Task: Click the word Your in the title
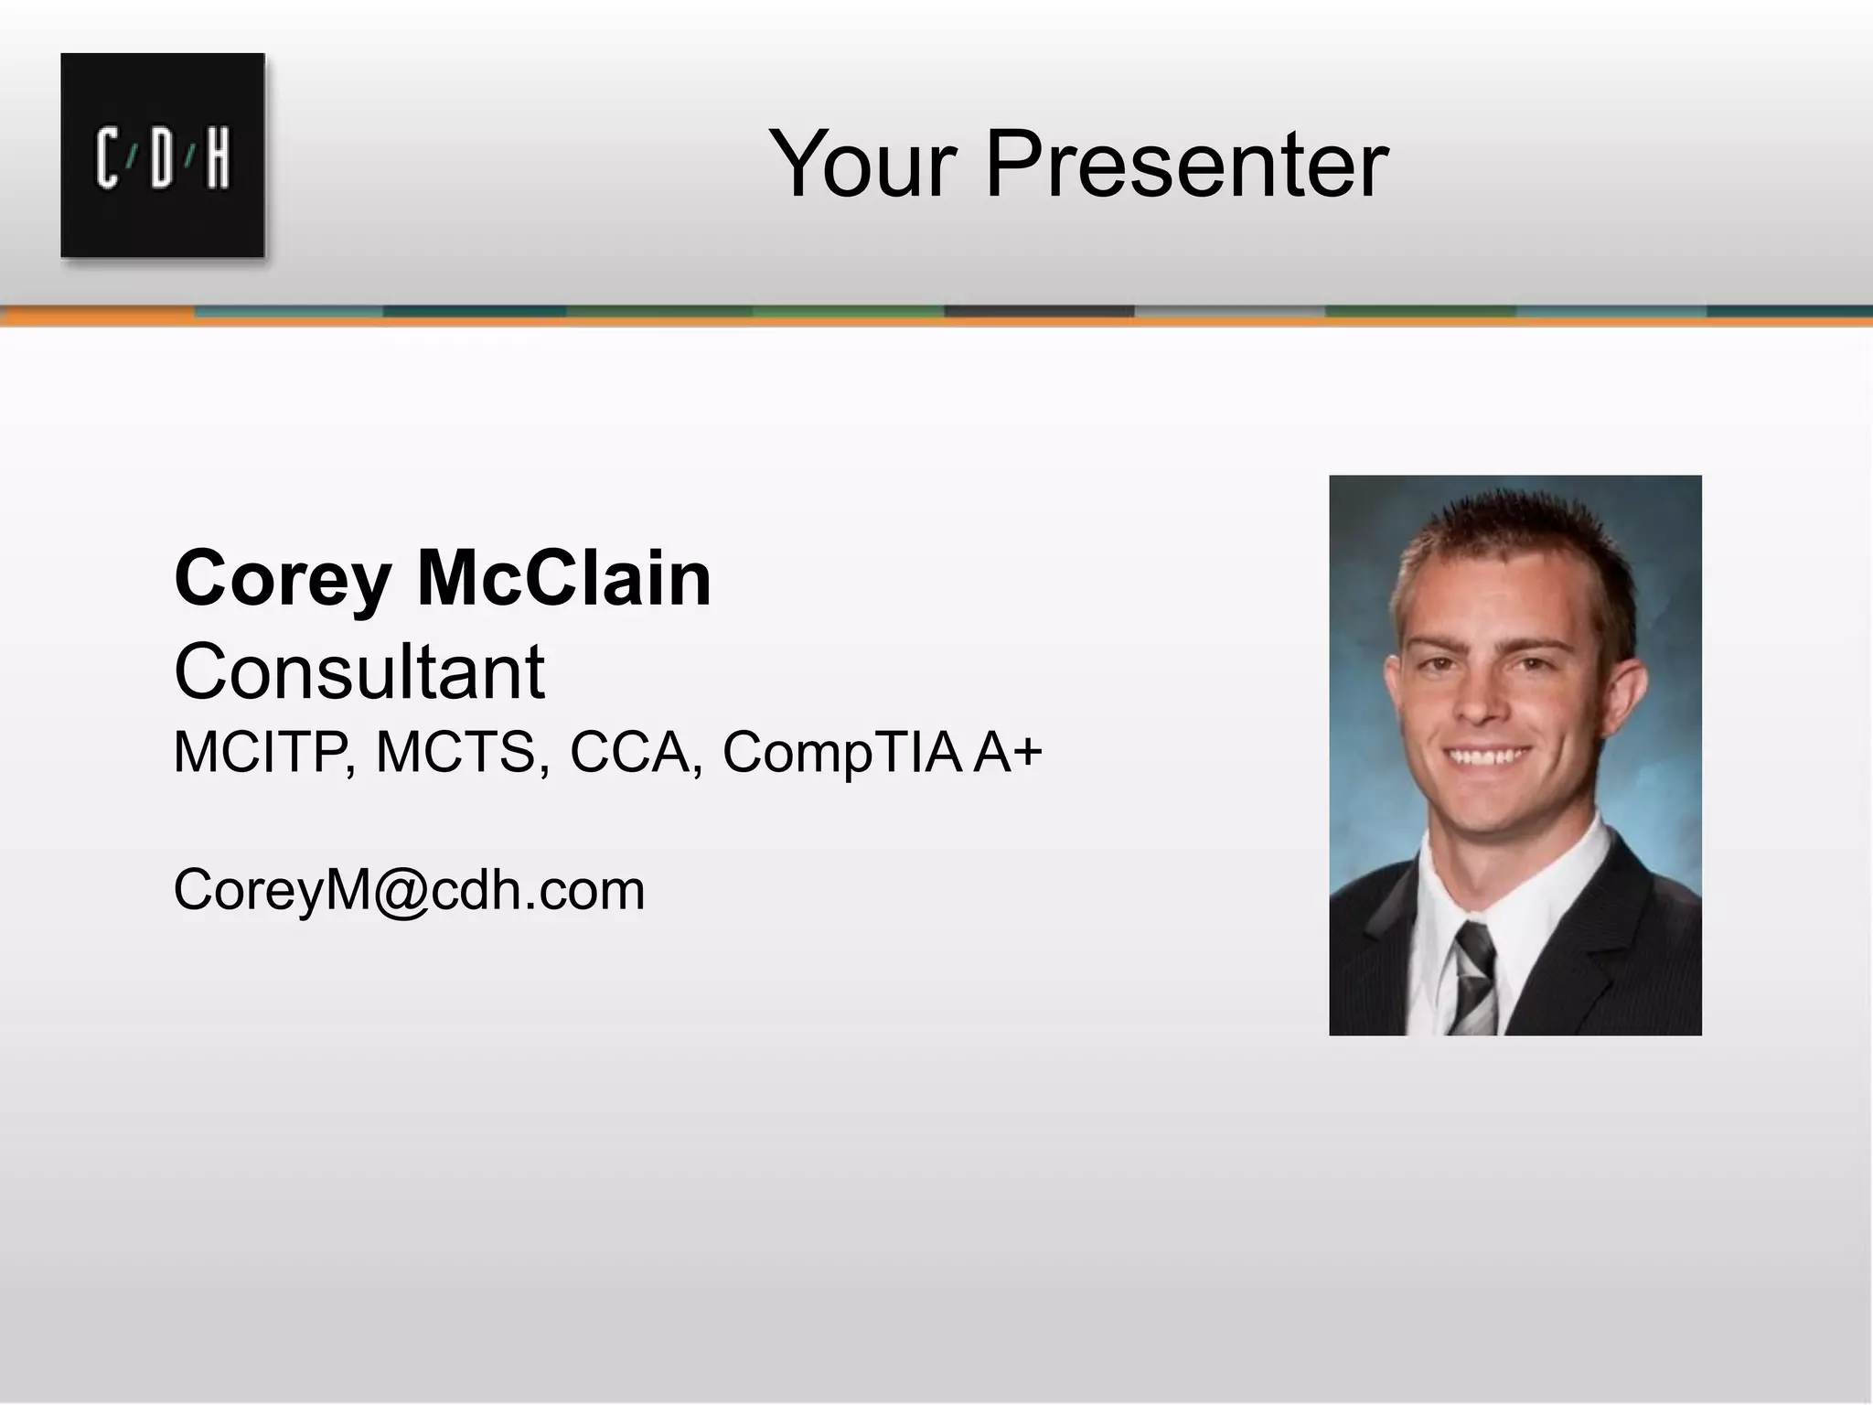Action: coord(863,165)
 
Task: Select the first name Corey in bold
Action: coord(283,579)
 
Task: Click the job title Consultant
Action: coord(359,671)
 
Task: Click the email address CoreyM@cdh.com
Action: coord(409,889)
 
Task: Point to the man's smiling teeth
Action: coord(1491,758)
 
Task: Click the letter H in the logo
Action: coord(218,159)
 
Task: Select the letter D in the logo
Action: coord(163,159)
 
